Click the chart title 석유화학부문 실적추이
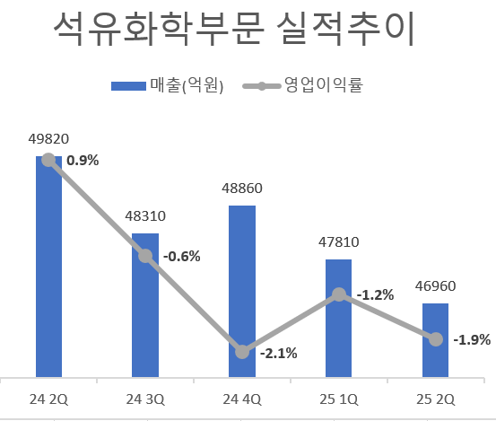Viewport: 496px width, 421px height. [234, 32]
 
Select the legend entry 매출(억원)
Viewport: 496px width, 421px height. [166, 86]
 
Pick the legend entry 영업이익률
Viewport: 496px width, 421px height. [309, 86]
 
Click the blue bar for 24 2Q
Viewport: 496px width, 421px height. [48, 269]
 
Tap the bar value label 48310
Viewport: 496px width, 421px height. [145, 216]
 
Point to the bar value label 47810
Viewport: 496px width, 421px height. [338, 241]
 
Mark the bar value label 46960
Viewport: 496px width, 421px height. [435, 286]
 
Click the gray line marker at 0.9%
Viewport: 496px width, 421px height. [48, 161]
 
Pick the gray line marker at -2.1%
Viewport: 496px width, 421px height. [242, 351]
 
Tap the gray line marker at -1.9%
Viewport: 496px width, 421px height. [435, 339]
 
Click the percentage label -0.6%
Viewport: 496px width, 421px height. [182, 256]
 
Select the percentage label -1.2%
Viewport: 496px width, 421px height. [375, 294]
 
